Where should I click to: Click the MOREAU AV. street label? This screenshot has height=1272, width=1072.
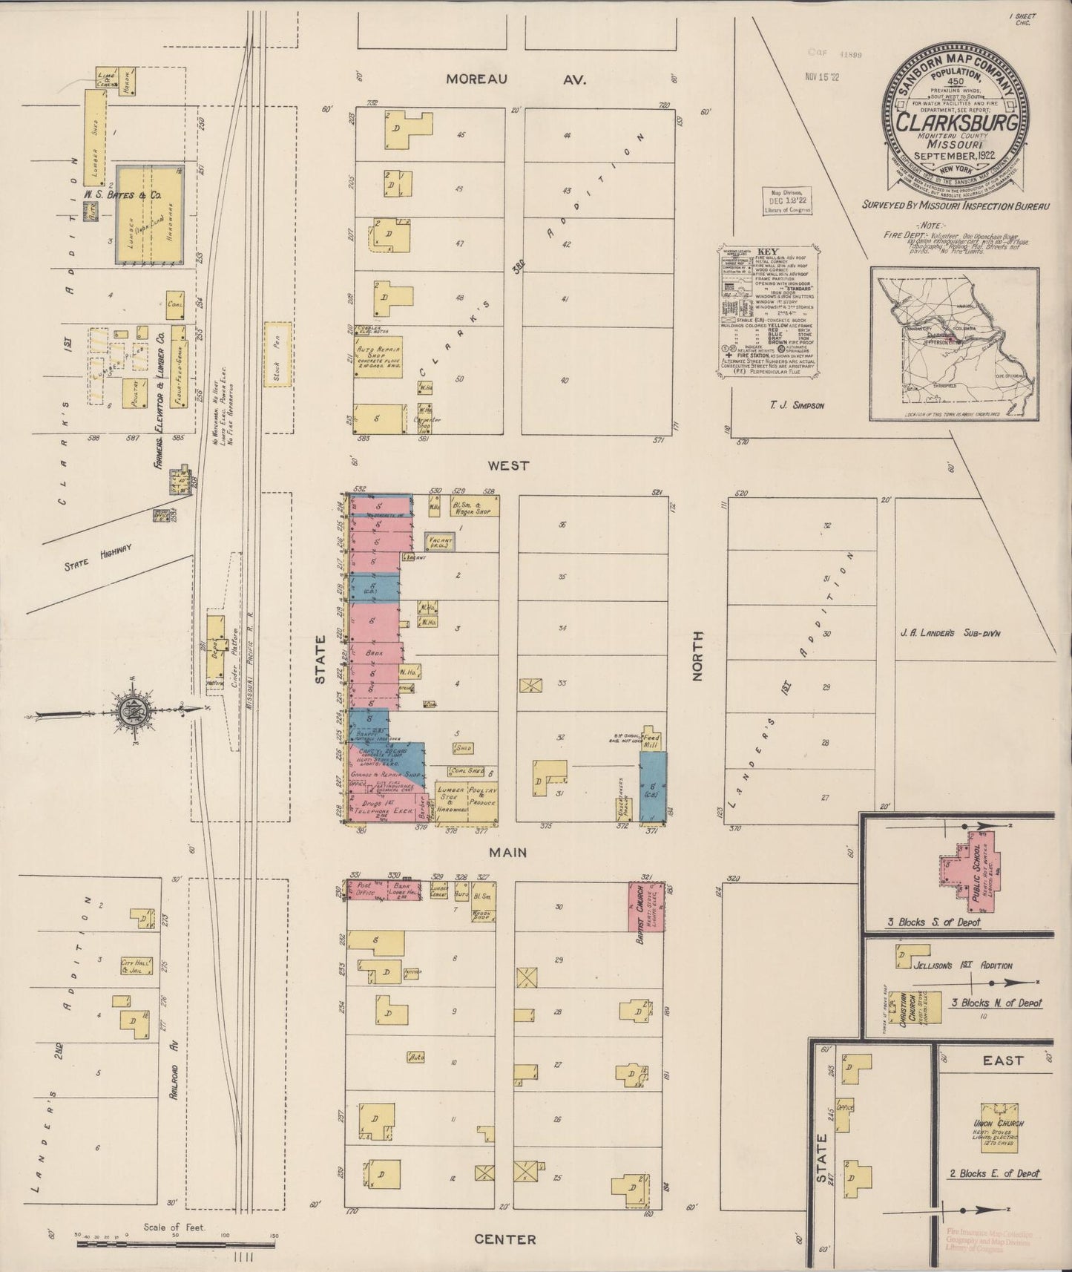516,79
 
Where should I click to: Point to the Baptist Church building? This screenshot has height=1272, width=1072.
645,905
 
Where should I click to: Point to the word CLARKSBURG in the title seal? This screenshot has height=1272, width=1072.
956,122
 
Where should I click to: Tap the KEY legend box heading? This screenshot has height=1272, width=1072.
767,250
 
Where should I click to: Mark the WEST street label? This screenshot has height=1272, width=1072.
508,465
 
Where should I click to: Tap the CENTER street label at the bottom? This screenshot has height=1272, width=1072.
505,1239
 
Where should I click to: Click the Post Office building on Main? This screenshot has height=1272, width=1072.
364,891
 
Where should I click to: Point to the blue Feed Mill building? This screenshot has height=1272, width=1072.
654,785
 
